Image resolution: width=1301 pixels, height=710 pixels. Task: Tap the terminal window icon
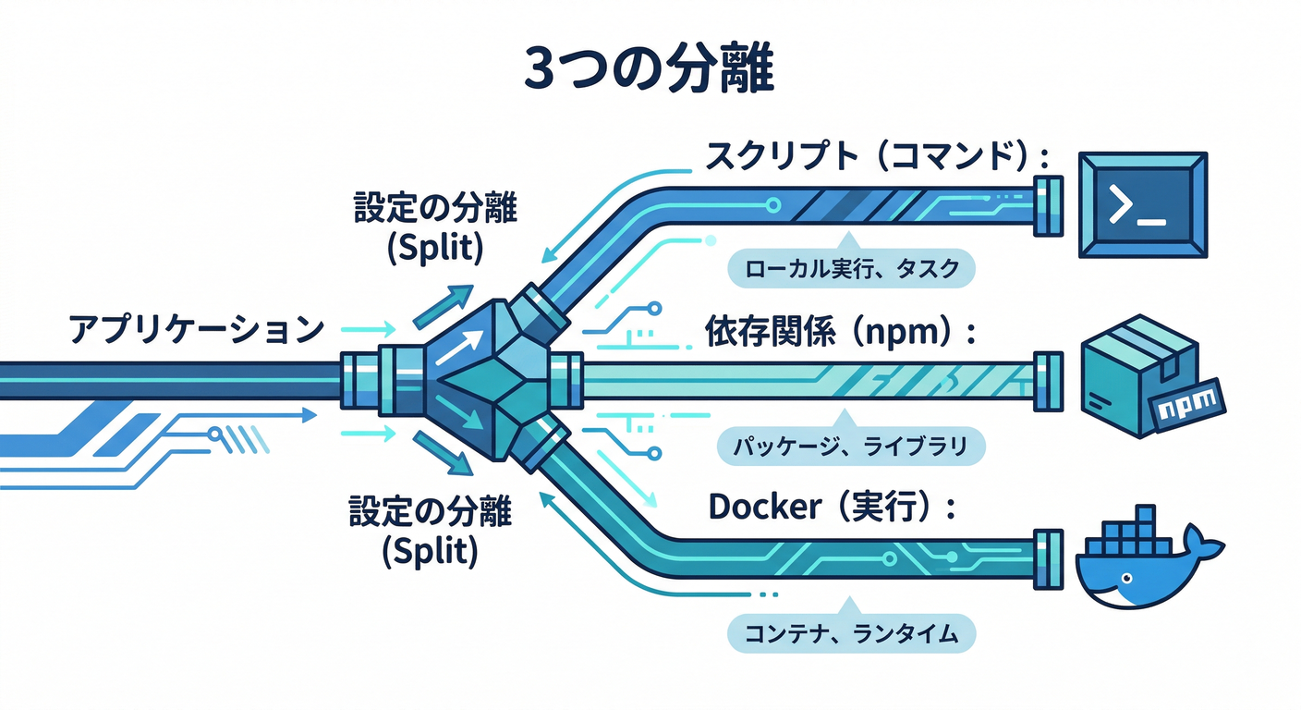click(x=1143, y=205)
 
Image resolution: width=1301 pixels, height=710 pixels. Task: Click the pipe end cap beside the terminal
click(x=1048, y=205)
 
